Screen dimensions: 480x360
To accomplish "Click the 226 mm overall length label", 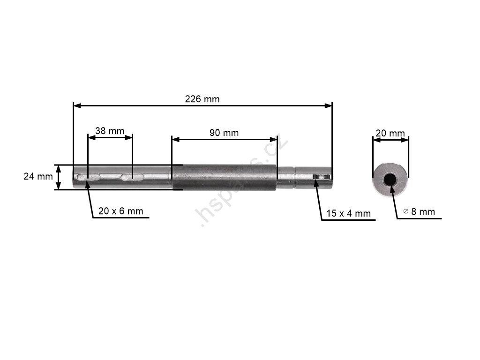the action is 202,99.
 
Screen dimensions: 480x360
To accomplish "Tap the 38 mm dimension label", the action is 110,131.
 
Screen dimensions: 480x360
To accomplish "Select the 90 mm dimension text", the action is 224,133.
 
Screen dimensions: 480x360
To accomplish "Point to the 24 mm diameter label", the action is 38,176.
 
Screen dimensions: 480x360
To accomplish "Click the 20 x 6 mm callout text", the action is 120,211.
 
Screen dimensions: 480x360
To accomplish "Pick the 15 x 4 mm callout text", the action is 348,213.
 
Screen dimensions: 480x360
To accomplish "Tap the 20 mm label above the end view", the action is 390,133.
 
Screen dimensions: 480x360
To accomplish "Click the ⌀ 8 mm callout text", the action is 419,211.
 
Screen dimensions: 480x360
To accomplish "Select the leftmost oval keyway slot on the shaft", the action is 89,177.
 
